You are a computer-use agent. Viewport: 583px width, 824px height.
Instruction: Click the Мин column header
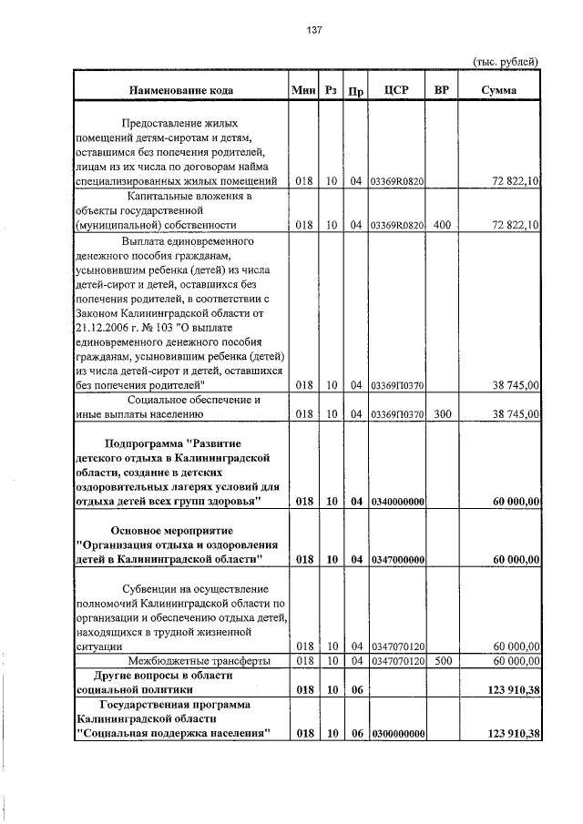pyautogui.click(x=303, y=90)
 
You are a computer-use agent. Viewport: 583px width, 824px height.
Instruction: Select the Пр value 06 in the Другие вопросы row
pyautogui.click(x=356, y=690)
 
